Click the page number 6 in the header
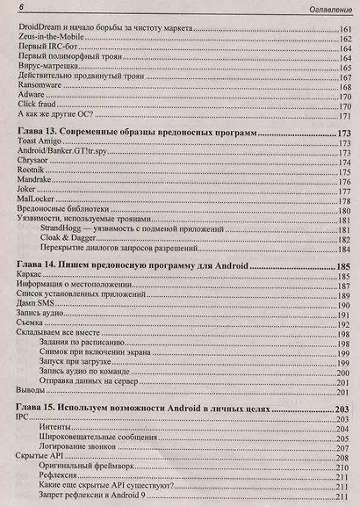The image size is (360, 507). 9,9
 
